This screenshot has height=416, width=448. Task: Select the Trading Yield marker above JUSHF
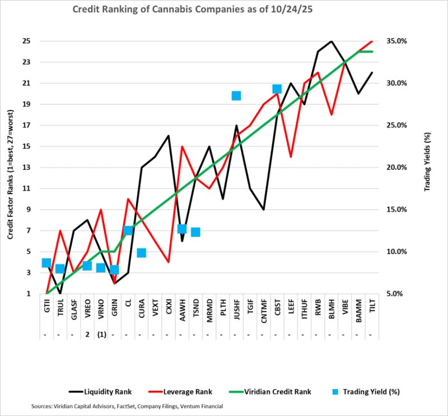(236, 96)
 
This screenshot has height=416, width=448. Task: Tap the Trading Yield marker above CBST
(277, 89)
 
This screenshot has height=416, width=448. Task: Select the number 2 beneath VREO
(87, 335)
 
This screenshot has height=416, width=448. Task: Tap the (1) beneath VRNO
(101, 335)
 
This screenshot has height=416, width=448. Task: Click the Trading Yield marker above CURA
(142, 253)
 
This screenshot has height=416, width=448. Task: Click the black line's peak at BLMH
(331, 41)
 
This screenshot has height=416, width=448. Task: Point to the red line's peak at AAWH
(182, 146)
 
